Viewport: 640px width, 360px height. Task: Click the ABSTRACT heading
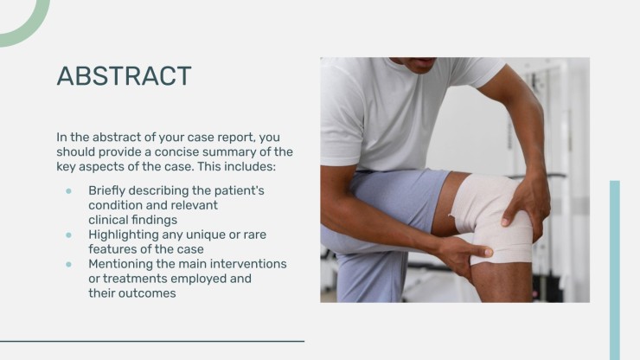[x=124, y=76]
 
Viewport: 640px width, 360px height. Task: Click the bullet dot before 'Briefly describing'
[x=68, y=190]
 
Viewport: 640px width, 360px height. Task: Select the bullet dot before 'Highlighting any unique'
[x=68, y=235]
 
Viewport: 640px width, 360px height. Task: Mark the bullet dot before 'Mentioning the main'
[x=68, y=264]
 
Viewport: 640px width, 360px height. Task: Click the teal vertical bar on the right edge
[x=615, y=268]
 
